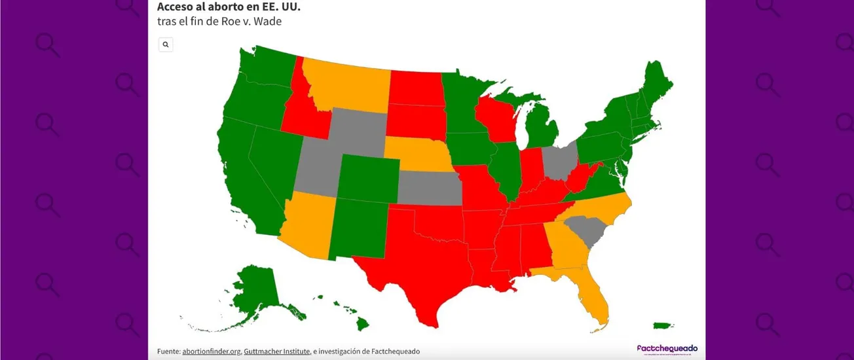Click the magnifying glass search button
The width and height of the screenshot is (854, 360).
tap(166, 45)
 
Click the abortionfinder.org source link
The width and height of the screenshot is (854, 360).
tap(211, 351)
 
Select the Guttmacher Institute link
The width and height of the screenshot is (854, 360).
tap(276, 351)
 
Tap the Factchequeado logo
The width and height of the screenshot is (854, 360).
tap(667, 349)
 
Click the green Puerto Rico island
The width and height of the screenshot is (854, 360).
tap(662, 325)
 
